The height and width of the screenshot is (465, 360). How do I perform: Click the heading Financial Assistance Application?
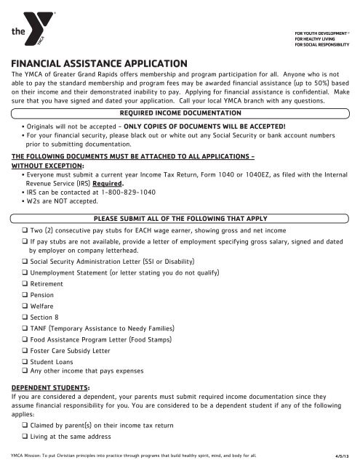tap(100, 64)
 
